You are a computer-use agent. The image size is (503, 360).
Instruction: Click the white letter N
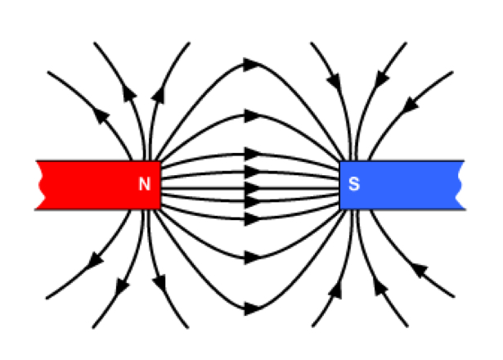pos(144,185)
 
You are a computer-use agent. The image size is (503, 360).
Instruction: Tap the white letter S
pos(354,185)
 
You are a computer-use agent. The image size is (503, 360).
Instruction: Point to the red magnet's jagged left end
pos(41,185)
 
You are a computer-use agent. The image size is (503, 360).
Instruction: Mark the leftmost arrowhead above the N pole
pos(101,115)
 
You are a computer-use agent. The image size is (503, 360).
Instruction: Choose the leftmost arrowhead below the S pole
pos(335,290)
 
